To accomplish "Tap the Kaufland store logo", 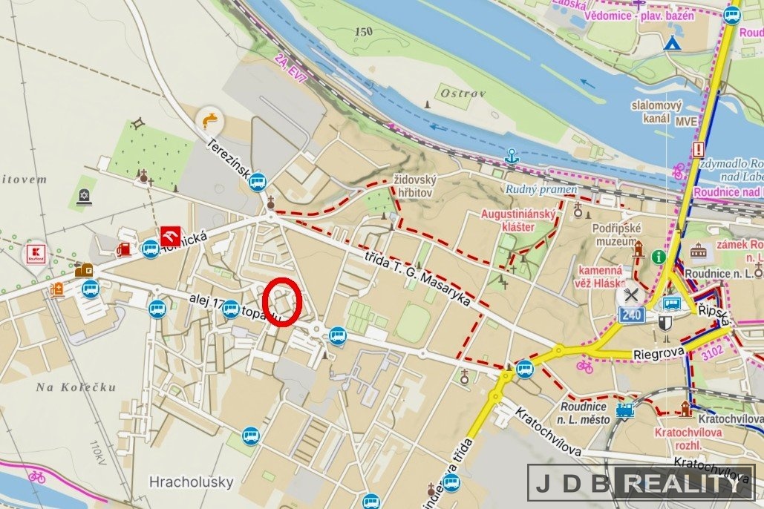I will click(36, 253).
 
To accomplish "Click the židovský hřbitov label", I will click(415, 186).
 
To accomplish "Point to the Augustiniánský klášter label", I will click(519, 220).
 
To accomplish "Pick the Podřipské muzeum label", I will click(616, 234).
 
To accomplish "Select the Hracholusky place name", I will click(191, 482).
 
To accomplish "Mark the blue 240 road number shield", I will click(631, 315).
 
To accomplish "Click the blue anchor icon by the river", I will click(511, 156).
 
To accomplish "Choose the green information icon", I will click(658, 256).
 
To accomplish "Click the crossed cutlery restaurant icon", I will click(631, 294).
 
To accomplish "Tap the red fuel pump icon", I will click(124, 249).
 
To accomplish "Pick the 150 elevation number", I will click(364, 31).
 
